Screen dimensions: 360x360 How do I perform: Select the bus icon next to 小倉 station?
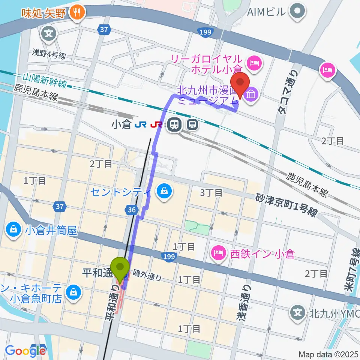click(193, 124)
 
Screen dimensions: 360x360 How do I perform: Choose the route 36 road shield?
click(132, 210)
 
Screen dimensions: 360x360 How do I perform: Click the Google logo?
click(25, 351)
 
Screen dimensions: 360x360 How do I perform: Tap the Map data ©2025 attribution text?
click(328, 354)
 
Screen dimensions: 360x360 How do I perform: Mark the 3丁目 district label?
click(211, 193)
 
